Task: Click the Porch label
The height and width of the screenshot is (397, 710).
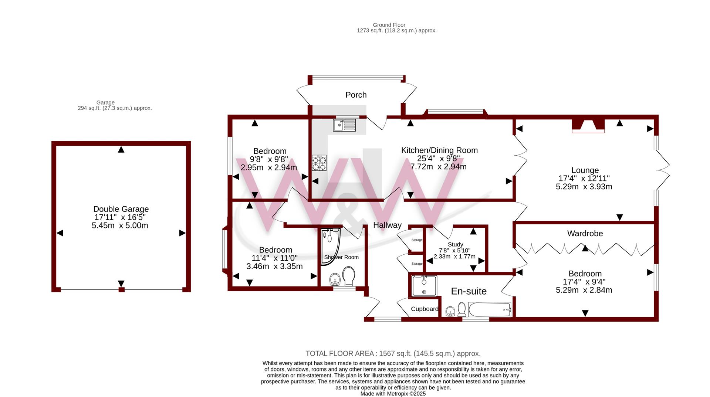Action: pyautogui.click(x=356, y=95)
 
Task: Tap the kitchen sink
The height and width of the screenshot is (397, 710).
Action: pyautogui.click(x=344, y=125)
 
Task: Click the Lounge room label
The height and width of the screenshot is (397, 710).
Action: pyautogui.click(x=585, y=170)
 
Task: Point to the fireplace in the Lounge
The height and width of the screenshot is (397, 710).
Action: pyautogui.click(x=588, y=126)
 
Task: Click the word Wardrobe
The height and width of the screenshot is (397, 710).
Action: pyautogui.click(x=585, y=234)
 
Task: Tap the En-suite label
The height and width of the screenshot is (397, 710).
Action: pyautogui.click(x=469, y=291)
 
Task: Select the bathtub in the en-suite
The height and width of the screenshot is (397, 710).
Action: pyautogui.click(x=490, y=309)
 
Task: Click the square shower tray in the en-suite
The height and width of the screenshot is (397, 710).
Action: pyautogui.click(x=424, y=286)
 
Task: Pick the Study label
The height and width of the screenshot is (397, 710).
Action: pyautogui.click(x=455, y=244)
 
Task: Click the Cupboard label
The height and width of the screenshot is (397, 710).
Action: pyautogui.click(x=425, y=309)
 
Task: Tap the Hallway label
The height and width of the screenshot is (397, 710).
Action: pyautogui.click(x=387, y=225)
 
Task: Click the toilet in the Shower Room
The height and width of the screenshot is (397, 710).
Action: pyautogui.click(x=349, y=276)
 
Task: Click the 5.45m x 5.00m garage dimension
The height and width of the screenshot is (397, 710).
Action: pyautogui.click(x=120, y=225)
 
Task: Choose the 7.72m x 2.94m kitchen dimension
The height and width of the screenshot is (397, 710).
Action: pyautogui.click(x=439, y=167)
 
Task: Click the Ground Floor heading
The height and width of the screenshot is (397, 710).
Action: pyautogui.click(x=389, y=25)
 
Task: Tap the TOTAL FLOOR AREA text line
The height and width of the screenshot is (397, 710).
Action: pyautogui.click(x=393, y=354)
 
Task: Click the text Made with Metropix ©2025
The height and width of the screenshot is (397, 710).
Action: pyautogui.click(x=393, y=394)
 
